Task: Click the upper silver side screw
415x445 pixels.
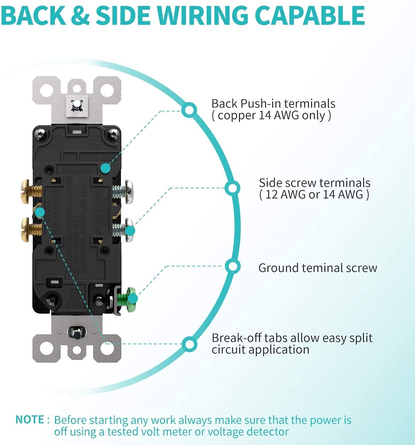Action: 124,191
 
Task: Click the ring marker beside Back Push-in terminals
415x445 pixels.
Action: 189,110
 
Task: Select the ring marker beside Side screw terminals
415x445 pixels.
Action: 232,188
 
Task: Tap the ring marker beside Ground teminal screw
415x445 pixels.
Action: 233,266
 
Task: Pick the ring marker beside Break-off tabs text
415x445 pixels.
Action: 189,344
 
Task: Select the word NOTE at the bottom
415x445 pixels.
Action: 30,419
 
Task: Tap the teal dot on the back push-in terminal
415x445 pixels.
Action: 105,168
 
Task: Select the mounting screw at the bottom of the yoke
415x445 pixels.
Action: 77,332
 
